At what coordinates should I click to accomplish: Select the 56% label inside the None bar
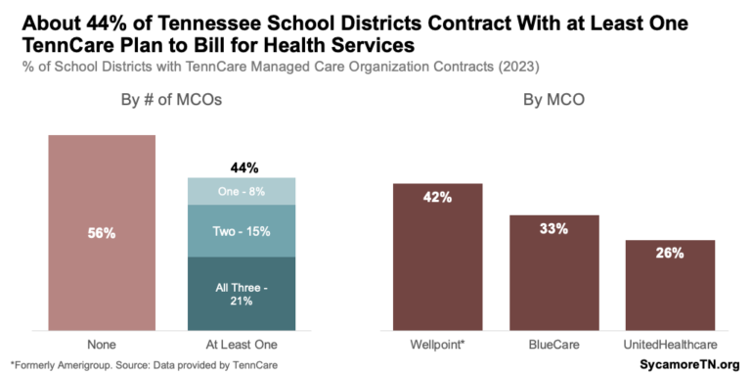102,233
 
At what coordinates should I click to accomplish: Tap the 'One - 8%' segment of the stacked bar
241,192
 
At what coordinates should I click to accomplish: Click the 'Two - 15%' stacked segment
241,231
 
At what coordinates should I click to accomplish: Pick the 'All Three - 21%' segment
241,294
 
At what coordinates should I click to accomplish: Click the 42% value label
437,197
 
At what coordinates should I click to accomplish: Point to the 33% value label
553,228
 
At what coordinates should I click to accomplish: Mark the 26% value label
670,253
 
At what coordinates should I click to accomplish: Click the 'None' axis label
102,344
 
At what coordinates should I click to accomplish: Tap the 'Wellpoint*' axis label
437,344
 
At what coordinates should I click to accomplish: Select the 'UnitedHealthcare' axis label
670,344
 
